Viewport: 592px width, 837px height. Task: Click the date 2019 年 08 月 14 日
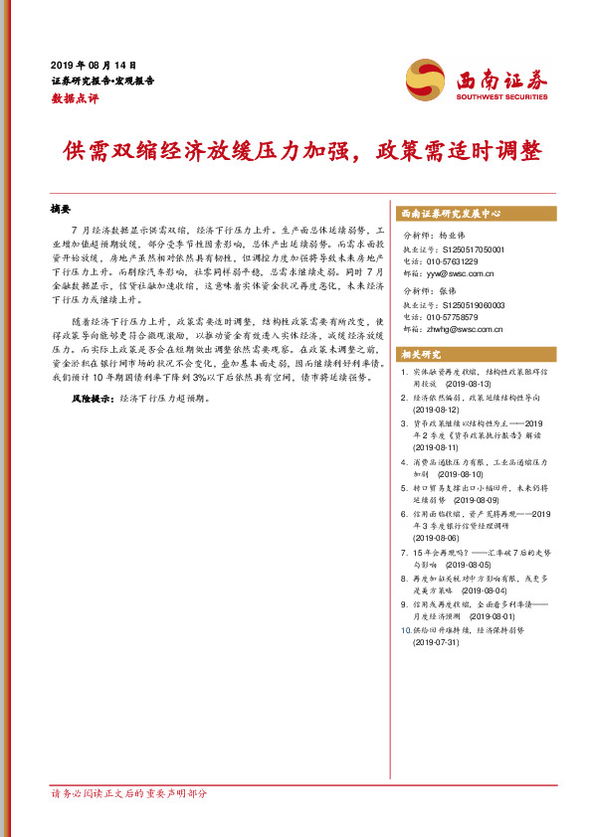point(94,63)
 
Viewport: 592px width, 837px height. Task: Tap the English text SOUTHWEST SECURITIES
point(501,97)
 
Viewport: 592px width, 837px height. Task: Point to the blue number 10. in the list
point(404,630)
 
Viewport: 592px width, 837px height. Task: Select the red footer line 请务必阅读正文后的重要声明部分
point(129,793)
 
